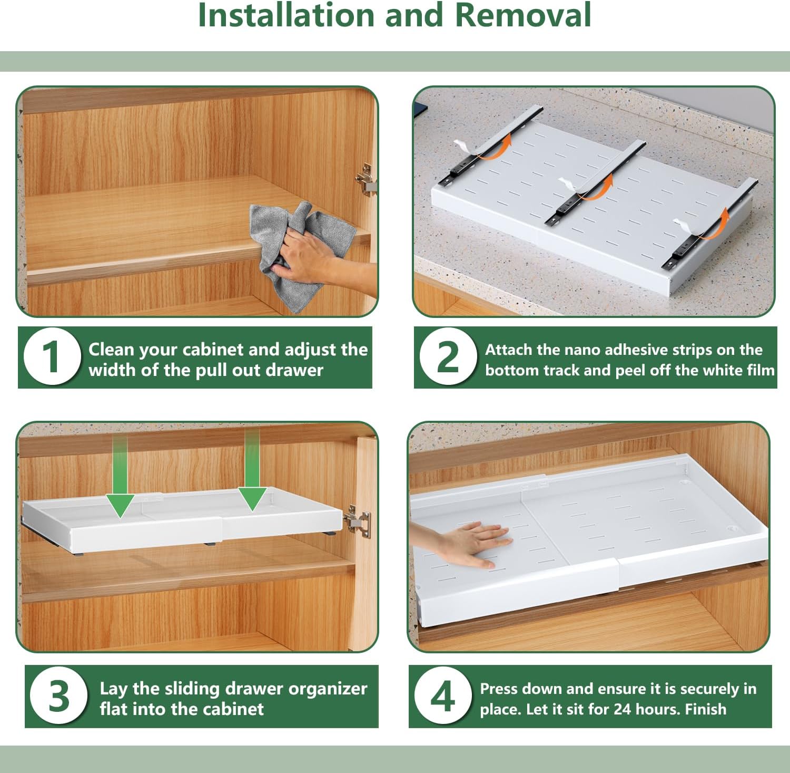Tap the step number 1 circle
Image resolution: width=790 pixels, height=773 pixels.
[52, 356]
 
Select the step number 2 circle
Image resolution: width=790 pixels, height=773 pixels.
[448, 356]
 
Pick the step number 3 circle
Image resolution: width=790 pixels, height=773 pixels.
[58, 696]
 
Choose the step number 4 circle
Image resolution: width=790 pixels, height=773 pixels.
[442, 696]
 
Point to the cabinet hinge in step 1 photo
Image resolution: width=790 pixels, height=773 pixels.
[366, 179]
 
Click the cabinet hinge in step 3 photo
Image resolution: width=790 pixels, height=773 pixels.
[358, 520]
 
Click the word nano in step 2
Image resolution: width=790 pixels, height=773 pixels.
[582, 350]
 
